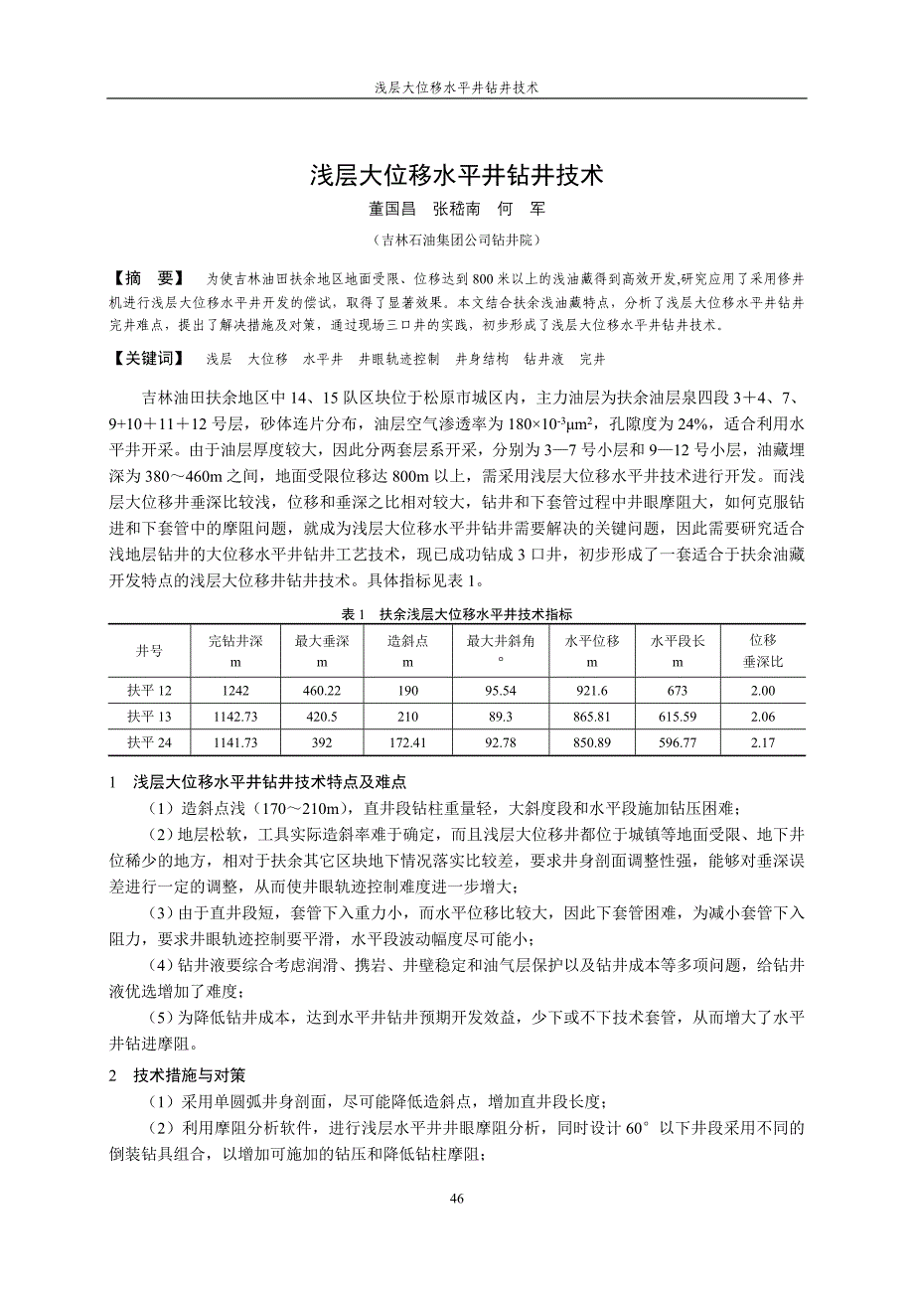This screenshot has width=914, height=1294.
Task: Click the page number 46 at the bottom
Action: pyautogui.click(x=457, y=1199)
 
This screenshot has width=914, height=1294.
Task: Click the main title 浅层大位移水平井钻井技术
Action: pyautogui.click(x=457, y=177)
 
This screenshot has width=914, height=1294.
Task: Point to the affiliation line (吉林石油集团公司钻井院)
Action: pyautogui.click(x=456, y=241)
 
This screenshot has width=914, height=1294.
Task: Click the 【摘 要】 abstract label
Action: pyautogui.click(x=150, y=276)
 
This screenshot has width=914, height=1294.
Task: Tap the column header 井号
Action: pyautogui.click(x=149, y=651)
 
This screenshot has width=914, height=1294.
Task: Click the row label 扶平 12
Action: pyautogui.click(x=149, y=691)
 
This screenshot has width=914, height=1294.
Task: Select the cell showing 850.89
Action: pyautogui.click(x=592, y=742)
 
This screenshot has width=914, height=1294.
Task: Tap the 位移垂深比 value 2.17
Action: pyautogui.click(x=763, y=742)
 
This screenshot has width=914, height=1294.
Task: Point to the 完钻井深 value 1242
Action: pyautogui.click(x=235, y=691)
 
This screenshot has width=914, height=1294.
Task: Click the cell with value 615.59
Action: pyautogui.click(x=678, y=717)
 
